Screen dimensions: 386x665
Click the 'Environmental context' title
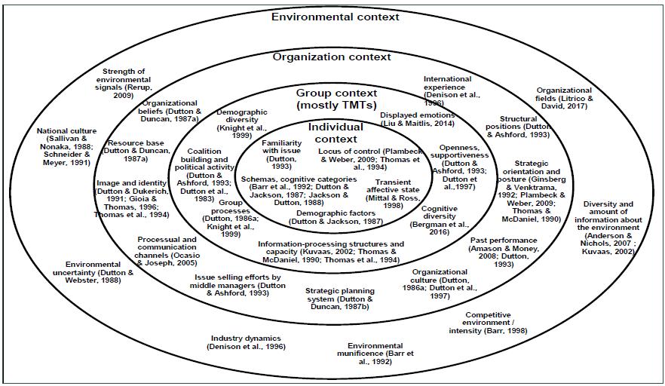coord(336,17)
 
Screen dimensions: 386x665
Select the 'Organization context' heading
coord(332,57)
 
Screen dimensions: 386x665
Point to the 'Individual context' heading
coord(336,133)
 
